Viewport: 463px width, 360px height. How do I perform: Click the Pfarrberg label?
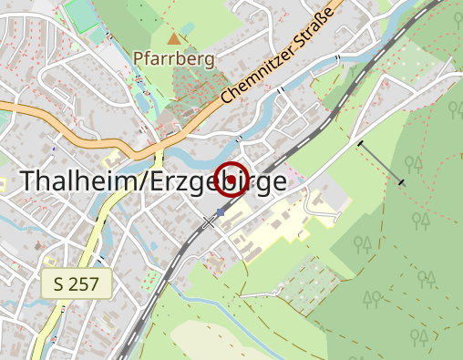(173, 60)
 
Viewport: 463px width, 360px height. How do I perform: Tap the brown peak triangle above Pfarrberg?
(174, 38)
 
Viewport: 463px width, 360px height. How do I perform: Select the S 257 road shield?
(76, 284)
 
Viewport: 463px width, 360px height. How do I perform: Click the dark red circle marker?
(231, 179)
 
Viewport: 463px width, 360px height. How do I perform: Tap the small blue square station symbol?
(220, 212)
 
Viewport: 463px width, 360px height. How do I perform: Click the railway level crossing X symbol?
(210, 221)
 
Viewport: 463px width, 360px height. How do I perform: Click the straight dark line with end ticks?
(381, 162)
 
